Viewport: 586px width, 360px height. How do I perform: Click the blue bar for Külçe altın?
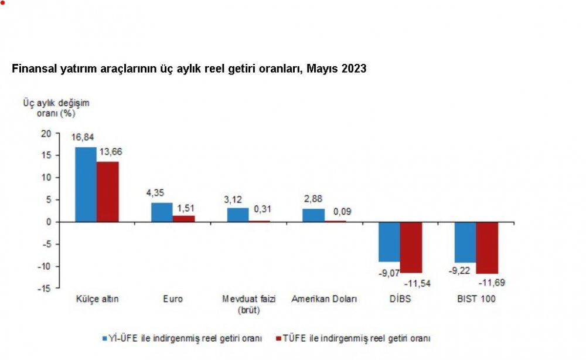[x=86, y=184]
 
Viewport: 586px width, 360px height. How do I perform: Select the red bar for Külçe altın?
[x=108, y=191]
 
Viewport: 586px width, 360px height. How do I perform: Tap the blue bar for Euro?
[x=162, y=212]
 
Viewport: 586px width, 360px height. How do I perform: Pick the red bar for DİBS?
[x=411, y=247]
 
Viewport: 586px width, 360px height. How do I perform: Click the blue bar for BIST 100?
[x=465, y=242]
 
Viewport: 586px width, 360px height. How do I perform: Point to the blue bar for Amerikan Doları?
[x=314, y=215]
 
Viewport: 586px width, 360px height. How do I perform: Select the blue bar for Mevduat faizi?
[x=237, y=215]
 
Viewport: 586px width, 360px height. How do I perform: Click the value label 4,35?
[x=155, y=192]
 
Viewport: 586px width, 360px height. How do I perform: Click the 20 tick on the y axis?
[x=47, y=133]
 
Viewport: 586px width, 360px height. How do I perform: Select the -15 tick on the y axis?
[x=45, y=288]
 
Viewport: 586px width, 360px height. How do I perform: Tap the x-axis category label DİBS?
[x=401, y=299]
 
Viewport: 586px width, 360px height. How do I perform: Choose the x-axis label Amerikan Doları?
[x=324, y=299]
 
